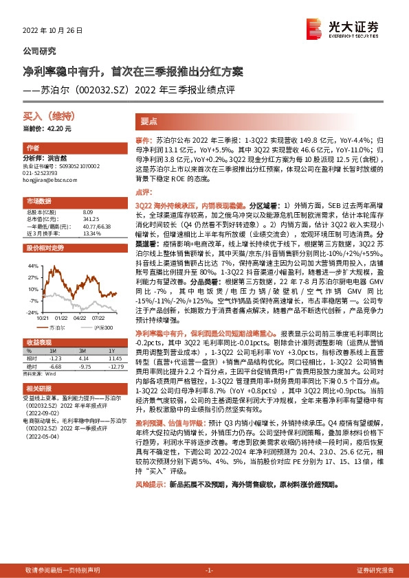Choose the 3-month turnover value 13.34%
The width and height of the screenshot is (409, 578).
pos(91,233)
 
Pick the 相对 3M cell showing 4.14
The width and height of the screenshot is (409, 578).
pos(85,358)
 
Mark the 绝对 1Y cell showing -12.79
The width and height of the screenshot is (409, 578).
pos(114,365)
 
